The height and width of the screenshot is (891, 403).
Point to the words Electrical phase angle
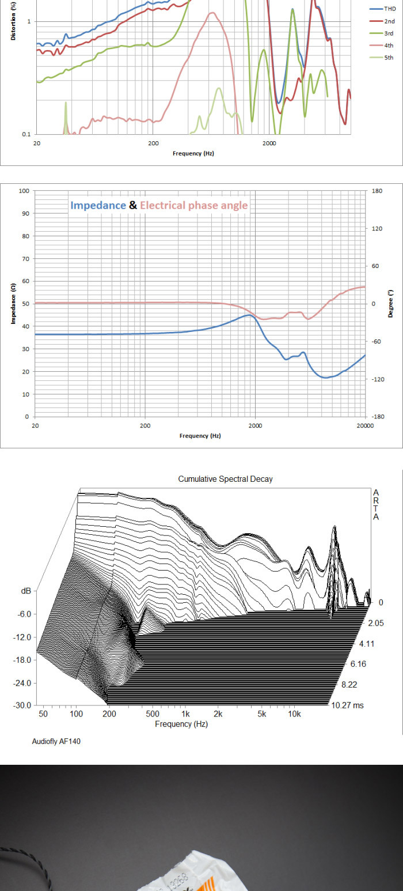tap(193, 205)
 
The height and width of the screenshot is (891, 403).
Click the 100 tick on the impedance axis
tap(24, 191)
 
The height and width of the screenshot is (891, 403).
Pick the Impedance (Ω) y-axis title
tap(13, 303)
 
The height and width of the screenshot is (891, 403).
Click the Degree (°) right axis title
tap(390, 303)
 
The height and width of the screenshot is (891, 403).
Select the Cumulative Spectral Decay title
tap(225, 479)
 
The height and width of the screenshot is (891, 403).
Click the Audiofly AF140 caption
tap(56, 741)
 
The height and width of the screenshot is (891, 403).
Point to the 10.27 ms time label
tap(347, 705)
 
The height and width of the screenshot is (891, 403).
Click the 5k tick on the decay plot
tap(262, 714)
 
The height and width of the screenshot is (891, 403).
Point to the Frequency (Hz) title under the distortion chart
tap(193, 153)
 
